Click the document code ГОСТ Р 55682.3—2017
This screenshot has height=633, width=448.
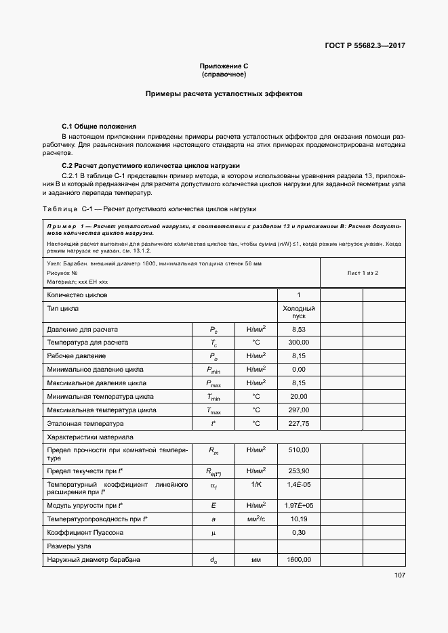pos(365,46)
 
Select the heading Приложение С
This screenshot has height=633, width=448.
pos(224,66)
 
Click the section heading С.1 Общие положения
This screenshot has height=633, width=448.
pos(99,127)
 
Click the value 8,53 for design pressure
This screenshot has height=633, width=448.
pos(298,329)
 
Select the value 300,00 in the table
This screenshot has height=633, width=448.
pos(298,343)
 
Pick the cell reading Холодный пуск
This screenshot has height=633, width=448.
pos(298,312)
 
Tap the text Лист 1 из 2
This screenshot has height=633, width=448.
pos(363,272)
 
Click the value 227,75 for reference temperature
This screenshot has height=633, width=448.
pos(298,424)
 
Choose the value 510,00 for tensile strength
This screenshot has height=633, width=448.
pos(298,450)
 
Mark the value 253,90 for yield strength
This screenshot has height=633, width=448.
pos(298,471)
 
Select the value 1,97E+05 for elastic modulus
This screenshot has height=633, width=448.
pos(298,506)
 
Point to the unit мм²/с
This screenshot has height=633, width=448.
pos(256,519)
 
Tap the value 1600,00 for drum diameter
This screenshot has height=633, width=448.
pos(298,560)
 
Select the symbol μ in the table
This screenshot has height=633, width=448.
pos(213,533)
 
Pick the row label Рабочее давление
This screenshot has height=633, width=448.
pos(76,356)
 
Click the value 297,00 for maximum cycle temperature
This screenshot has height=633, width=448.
pos(298,410)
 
